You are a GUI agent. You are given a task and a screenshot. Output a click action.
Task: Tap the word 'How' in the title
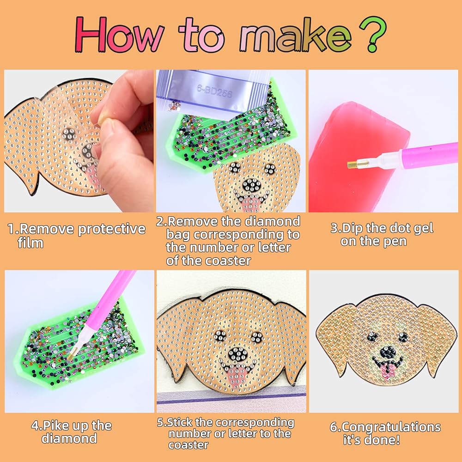pyautogui.click(x=119, y=35)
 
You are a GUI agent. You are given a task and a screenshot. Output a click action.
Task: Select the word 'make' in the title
pyautogui.click(x=295, y=36)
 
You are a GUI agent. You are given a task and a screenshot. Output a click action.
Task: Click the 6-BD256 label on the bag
pyautogui.click(x=214, y=91)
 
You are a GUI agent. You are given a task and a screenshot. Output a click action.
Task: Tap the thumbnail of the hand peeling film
pyautogui.click(x=79, y=141)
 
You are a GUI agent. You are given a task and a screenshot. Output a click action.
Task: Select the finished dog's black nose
pyautogui.click(x=387, y=352)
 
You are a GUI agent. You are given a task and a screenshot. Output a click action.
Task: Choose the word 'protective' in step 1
pyautogui.click(x=112, y=229)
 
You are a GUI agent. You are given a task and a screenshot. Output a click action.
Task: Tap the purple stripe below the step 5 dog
pyautogui.click(x=231, y=397)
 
